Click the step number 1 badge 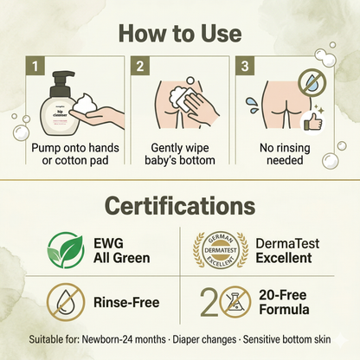pos(35,66)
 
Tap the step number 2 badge pos(140,66)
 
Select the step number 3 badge pos(245,66)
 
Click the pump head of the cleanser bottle pos(61,79)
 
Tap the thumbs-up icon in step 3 pos(312,124)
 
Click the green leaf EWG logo pos(66,250)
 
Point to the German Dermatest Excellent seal pos(221,250)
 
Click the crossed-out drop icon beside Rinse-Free pos(66,302)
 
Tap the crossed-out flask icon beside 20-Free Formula pos(235,302)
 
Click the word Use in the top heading pos(222,34)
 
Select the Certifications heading pos(180,205)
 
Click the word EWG pos(108,243)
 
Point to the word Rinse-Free pos(126,302)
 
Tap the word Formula pos(284,310)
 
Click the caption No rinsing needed pos(285,154)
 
